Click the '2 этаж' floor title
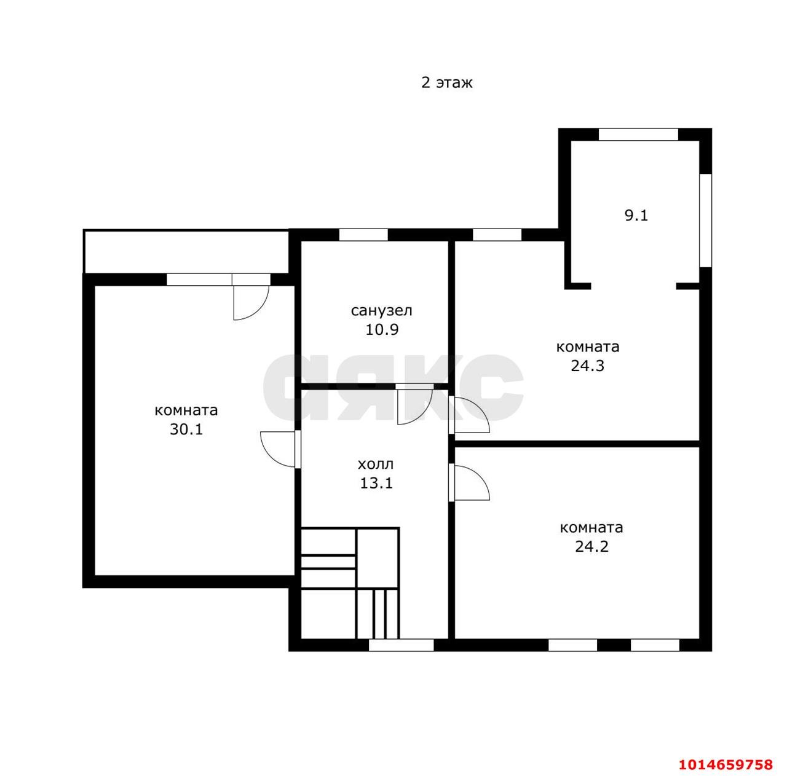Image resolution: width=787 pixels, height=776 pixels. coord(447,83)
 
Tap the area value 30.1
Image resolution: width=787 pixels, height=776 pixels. coord(186,429)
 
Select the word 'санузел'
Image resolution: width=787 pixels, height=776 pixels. coord(381,311)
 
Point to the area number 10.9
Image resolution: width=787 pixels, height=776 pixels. coord(382,329)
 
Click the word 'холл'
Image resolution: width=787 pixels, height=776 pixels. coord(376,464)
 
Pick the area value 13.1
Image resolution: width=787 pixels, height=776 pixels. coord(376,484)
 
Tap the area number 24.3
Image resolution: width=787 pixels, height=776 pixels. coord(588,366)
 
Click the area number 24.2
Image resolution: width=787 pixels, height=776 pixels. coord(591,547)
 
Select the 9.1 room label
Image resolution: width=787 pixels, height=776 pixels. coord(636,216)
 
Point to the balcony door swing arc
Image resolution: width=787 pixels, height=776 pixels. coord(258,308)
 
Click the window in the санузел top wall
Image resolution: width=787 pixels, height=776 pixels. coord(363,235)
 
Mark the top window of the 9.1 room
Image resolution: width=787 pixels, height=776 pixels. coord(638,135)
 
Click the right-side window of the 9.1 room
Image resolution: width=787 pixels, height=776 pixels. coord(706,221)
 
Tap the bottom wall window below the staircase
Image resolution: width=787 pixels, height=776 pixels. coord(401,645)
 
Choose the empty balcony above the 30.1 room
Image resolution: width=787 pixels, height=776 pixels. coord(186,251)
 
